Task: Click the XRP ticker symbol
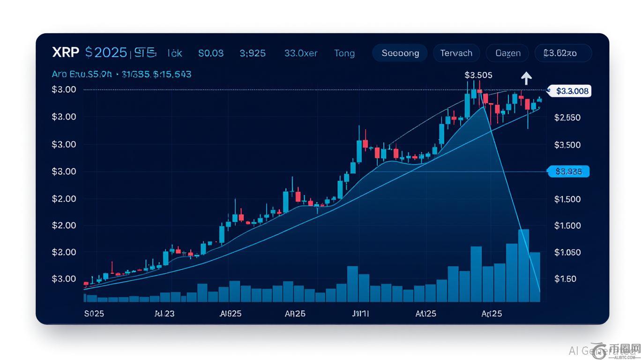pyautogui.click(x=66, y=52)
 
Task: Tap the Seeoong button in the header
pyautogui.click(x=400, y=53)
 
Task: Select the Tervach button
pyautogui.click(x=456, y=53)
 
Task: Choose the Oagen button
pyautogui.click(x=507, y=53)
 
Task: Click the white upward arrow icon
pyautogui.click(x=526, y=78)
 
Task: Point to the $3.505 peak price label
pyautogui.click(x=478, y=75)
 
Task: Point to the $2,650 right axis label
pyautogui.click(x=567, y=118)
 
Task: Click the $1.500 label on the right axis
pyautogui.click(x=567, y=199)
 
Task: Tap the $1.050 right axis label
pyautogui.click(x=567, y=253)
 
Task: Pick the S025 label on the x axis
pyautogui.click(x=94, y=313)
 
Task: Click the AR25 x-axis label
pyautogui.click(x=295, y=313)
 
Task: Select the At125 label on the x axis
pyautogui.click(x=425, y=313)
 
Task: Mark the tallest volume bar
pyautogui.click(x=523, y=265)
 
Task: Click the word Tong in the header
pyautogui.click(x=344, y=53)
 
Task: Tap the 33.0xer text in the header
pyautogui.click(x=300, y=53)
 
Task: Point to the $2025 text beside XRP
pyautogui.click(x=106, y=52)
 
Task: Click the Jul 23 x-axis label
pyautogui.click(x=164, y=313)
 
